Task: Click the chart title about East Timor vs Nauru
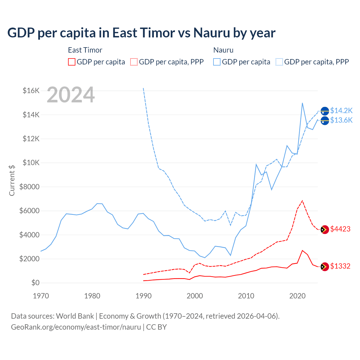tap(141, 33)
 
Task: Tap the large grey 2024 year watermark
tap(71, 95)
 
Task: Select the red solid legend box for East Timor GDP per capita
tap(72, 62)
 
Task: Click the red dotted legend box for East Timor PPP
tap(134, 62)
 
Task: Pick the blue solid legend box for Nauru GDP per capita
tap(217, 62)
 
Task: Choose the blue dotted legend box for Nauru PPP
tap(279, 62)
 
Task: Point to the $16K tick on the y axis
tap(31, 91)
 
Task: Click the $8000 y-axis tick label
tap(29, 187)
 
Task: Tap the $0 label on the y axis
tap(35, 283)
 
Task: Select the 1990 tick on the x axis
tap(143, 296)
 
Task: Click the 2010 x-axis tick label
tap(246, 296)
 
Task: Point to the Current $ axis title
tap(12, 181)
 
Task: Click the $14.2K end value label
tap(341, 111)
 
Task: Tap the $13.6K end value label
tap(341, 120)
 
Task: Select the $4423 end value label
tap(340, 229)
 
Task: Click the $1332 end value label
tap(340, 266)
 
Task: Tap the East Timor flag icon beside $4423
tap(325, 229)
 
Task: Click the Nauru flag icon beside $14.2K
tap(325, 111)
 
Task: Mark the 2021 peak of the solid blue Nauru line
tap(302, 103)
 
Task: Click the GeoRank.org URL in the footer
tap(76, 327)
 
